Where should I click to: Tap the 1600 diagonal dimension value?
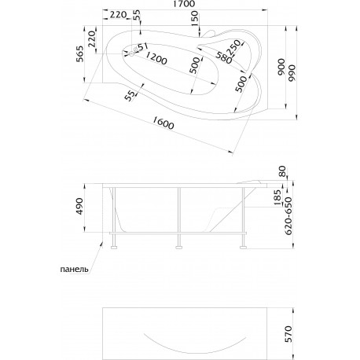(163, 122)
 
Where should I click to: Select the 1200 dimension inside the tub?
(156, 58)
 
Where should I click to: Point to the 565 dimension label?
(80, 54)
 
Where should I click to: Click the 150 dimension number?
(195, 18)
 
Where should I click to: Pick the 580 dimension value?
(224, 57)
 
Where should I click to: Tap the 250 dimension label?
(233, 47)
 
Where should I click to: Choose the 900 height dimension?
(281, 67)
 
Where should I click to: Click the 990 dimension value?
(292, 73)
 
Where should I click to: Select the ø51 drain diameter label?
(141, 47)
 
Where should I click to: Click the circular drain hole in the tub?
(131, 54)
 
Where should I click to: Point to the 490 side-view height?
(79, 207)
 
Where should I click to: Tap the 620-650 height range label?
(288, 216)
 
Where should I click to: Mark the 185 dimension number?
(277, 197)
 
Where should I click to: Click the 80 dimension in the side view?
(282, 171)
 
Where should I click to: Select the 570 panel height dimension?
(288, 334)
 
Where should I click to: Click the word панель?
(74, 269)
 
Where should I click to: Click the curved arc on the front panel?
(195, 351)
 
